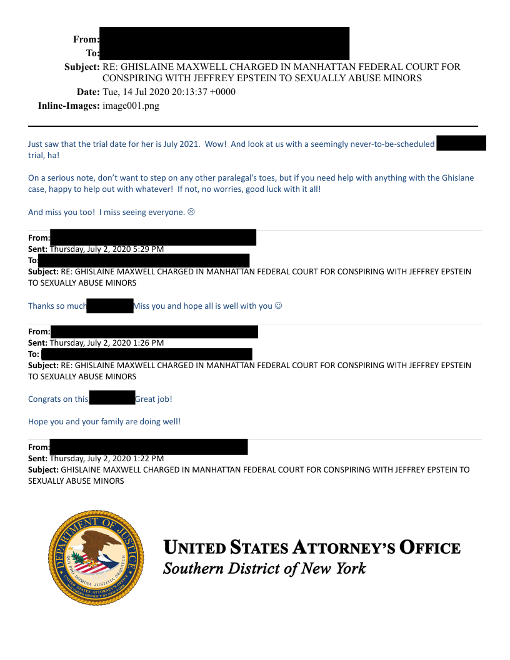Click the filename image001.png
tap(131, 106)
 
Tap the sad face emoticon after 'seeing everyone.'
tap(191, 212)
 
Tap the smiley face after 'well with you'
tap(279, 306)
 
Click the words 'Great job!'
tap(154, 399)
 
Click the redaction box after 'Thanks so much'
tap(110, 306)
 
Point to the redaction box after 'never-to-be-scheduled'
tap(461, 143)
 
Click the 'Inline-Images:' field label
tap(69, 106)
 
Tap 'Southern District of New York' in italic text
tap(264, 569)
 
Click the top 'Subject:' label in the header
tap(82, 67)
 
